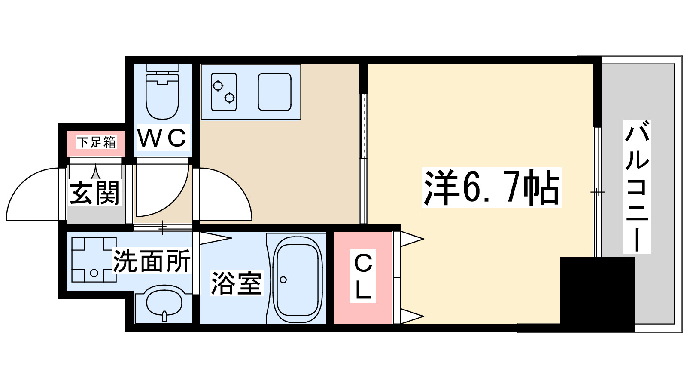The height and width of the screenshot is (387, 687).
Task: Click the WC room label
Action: [x=162, y=138]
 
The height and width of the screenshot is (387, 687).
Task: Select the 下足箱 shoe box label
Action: [x=96, y=142]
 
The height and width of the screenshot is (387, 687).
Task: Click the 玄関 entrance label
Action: [x=94, y=193]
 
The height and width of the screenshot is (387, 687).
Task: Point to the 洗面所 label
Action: [x=152, y=261]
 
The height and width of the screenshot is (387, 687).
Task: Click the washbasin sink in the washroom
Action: [x=164, y=303]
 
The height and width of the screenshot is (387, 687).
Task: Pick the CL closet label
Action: [x=363, y=276]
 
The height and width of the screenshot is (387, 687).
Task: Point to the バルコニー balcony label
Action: [x=637, y=187]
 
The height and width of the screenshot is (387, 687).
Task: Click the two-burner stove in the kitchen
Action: [x=224, y=92]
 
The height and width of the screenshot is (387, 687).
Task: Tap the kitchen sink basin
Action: [x=275, y=92]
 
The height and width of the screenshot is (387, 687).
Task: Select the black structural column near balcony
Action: [x=597, y=294]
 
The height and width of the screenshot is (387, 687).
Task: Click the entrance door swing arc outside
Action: [x=30, y=193]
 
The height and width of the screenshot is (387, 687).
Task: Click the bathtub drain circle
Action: [x=283, y=280]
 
